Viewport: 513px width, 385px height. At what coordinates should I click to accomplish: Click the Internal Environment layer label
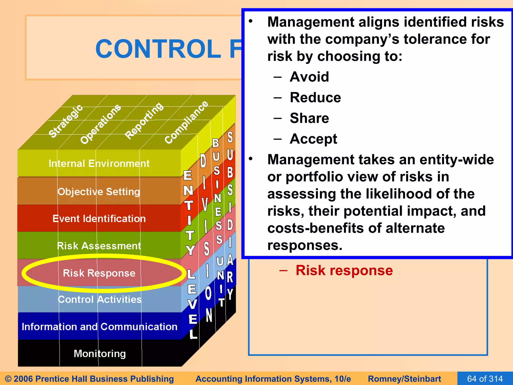(99, 164)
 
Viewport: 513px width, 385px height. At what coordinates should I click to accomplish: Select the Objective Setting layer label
(99, 191)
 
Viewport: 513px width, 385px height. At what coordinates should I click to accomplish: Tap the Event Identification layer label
(99, 219)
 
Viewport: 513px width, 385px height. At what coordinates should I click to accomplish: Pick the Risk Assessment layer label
(99, 246)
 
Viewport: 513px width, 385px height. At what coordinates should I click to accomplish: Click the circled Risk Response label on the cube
(99, 273)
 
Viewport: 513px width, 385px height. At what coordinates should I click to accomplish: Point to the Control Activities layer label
(99, 299)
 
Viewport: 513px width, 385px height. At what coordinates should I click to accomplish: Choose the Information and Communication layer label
(99, 327)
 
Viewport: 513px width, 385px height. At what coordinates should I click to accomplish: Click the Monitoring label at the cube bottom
(100, 354)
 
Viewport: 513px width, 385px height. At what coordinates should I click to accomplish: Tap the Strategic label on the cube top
(65, 121)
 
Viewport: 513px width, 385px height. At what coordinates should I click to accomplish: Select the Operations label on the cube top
(100, 124)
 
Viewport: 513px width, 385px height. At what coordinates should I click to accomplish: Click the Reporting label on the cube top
(144, 121)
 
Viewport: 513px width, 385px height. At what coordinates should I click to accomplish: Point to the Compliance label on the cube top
(186, 122)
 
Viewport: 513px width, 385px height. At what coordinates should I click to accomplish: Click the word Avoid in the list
(309, 77)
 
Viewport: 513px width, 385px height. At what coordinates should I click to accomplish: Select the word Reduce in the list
(315, 98)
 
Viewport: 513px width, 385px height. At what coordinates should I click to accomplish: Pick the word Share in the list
(309, 118)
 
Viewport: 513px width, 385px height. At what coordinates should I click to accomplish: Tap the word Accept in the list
(313, 139)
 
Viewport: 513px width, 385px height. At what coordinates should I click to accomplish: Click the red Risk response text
(344, 270)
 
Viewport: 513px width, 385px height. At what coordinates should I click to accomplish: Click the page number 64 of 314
(485, 378)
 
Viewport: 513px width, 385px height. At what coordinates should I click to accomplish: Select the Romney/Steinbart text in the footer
(404, 379)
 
